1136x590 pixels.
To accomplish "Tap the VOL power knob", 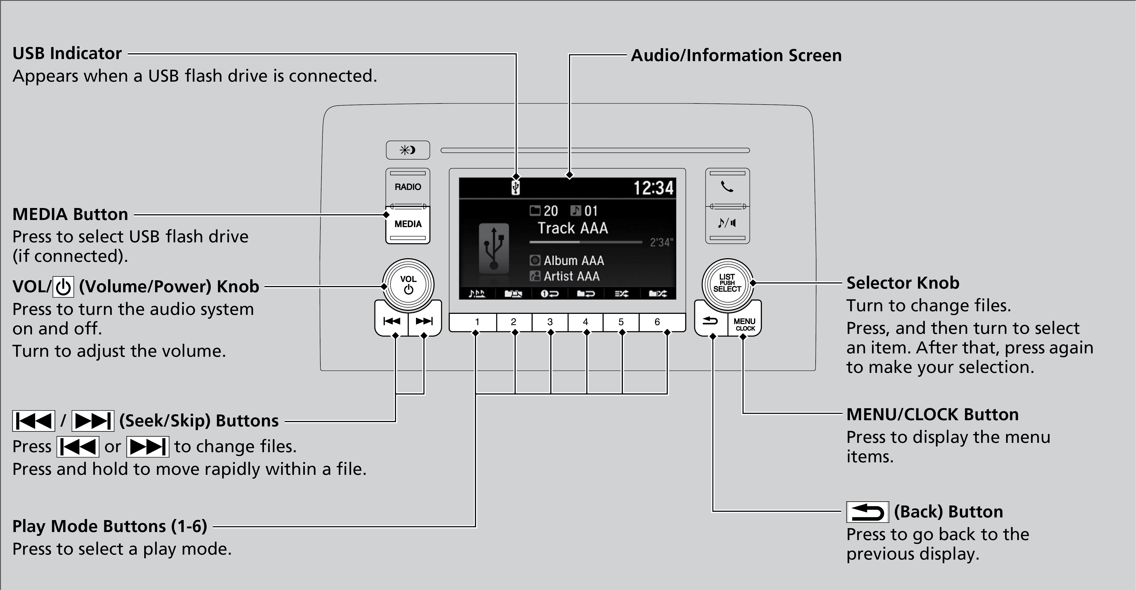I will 408,285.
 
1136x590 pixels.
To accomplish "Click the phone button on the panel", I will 727,187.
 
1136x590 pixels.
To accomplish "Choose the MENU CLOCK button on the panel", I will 744,324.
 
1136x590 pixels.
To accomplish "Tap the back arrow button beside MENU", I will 710,321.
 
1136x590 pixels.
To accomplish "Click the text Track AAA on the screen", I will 572,228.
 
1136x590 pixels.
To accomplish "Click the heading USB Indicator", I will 67,53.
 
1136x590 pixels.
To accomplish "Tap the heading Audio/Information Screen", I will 736,56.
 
